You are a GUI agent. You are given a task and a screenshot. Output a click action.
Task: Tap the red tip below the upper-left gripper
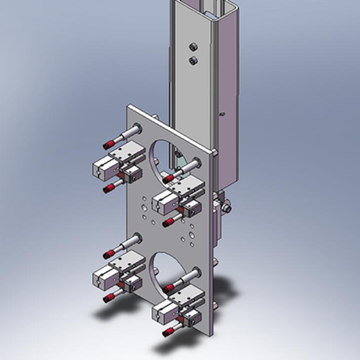(x=109, y=188)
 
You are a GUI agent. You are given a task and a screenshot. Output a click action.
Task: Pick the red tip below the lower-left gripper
(x=108, y=297)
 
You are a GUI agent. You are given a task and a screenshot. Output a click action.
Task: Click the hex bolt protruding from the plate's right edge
(x=227, y=208)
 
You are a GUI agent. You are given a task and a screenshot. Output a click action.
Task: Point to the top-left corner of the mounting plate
(x=129, y=106)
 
